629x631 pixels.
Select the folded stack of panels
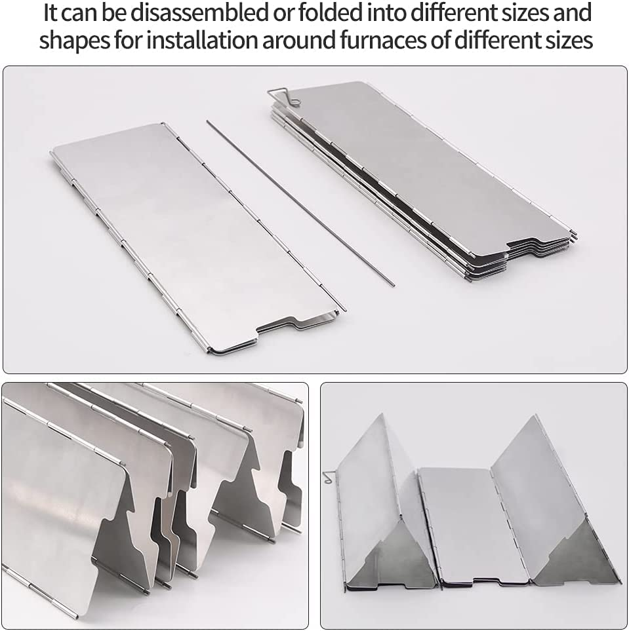(420, 177)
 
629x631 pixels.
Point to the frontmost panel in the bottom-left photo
(59, 511)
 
